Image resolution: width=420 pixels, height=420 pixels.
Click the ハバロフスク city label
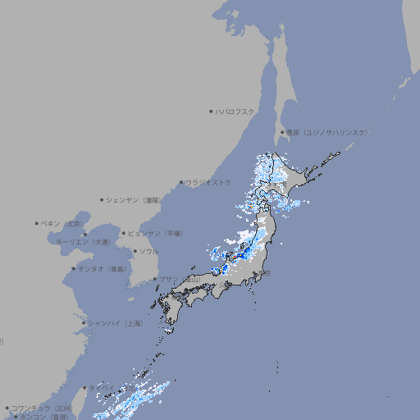[x=235, y=111]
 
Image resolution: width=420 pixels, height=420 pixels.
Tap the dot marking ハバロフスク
[x=211, y=111]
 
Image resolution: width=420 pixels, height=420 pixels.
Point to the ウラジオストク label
[x=208, y=182]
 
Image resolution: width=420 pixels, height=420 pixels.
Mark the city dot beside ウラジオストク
[x=181, y=183]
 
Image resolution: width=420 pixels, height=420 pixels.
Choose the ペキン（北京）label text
[x=63, y=223]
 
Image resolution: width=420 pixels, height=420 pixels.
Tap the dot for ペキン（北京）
[x=37, y=223]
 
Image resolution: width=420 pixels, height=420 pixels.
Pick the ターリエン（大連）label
[x=83, y=242]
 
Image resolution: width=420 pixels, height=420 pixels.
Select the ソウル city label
[x=148, y=251]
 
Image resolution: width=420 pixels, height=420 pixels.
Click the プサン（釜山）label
[x=180, y=280]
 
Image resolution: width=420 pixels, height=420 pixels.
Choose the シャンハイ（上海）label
[x=116, y=323]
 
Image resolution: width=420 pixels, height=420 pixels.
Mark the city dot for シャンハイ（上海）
[x=84, y=323]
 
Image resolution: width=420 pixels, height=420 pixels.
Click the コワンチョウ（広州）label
[x=41, y=408]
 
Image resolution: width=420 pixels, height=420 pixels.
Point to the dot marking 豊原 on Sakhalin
[x=281, y=132]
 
